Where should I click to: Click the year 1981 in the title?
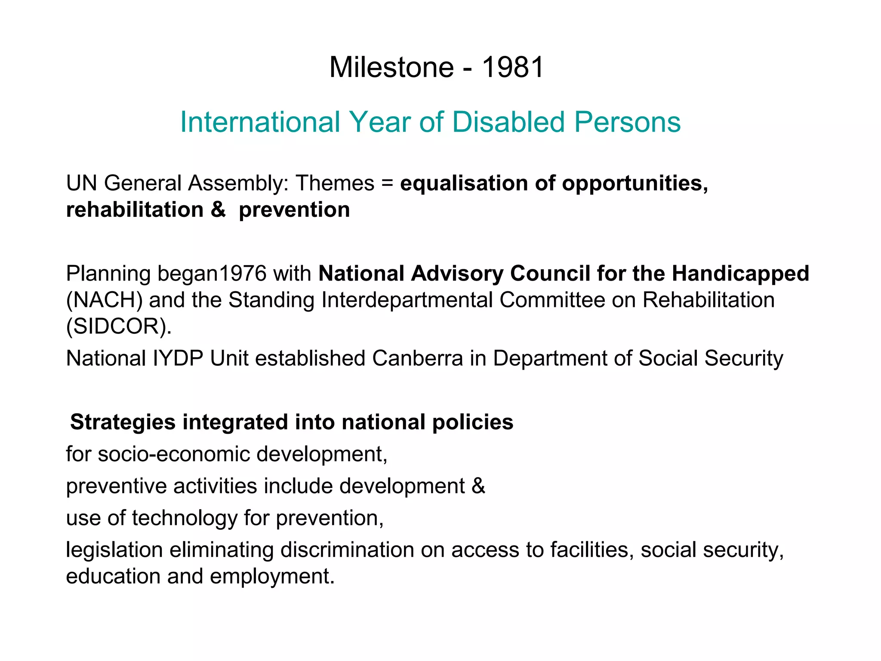[x=512, y=68]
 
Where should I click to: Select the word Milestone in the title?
[x=391, y=68]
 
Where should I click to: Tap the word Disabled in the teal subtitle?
[x=508, y=122]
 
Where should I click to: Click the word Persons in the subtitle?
[x=628, y=122]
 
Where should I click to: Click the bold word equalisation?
[x=464, y=183]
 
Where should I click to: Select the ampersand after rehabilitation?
[x=218, y=210]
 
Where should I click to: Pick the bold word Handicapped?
[x=740, y=273]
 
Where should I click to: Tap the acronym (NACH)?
[x=104, y=300]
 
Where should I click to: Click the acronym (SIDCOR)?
[x=119, y=327]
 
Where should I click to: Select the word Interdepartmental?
[x=407, y=300]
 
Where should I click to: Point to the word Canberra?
[x=417, y=358]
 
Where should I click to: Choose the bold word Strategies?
[x=123, y=422]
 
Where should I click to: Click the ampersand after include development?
[x=478, y=486]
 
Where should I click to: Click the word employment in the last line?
[x=272, y=577]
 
